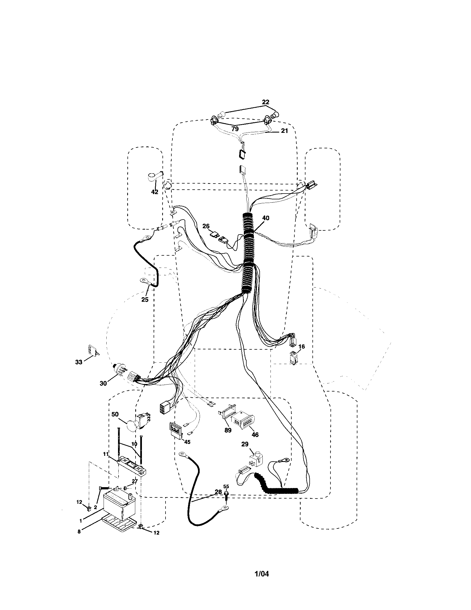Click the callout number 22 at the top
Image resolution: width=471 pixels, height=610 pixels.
pyautogui.click(x=265, y=102)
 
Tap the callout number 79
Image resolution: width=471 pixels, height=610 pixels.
pyautogui.click(x=235, y=129)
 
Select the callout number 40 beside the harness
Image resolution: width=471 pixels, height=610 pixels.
pyautogui.click(x=266, y=218)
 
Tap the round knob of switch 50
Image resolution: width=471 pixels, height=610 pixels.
pyautogui.click(x=131, y=433)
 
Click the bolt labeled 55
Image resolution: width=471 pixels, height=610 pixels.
pyautogui.click(x=226, y=495)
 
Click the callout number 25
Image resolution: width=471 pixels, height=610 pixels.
pyautogui.click(x=145, y=300)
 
